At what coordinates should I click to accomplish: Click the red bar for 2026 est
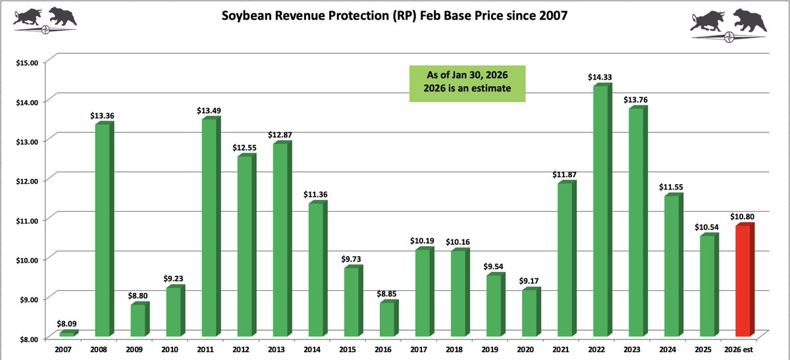pyautogui.click(x=745, y=281)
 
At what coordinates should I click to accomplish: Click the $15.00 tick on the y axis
pyautogui.click(x=27, y=62)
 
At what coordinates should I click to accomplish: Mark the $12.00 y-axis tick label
pyautogui.click(x=27, y=180)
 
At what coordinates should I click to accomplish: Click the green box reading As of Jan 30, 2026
pyautogui.click(x=467, y=84)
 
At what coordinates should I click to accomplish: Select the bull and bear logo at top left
pyautogui.click(x=45, y=18)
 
